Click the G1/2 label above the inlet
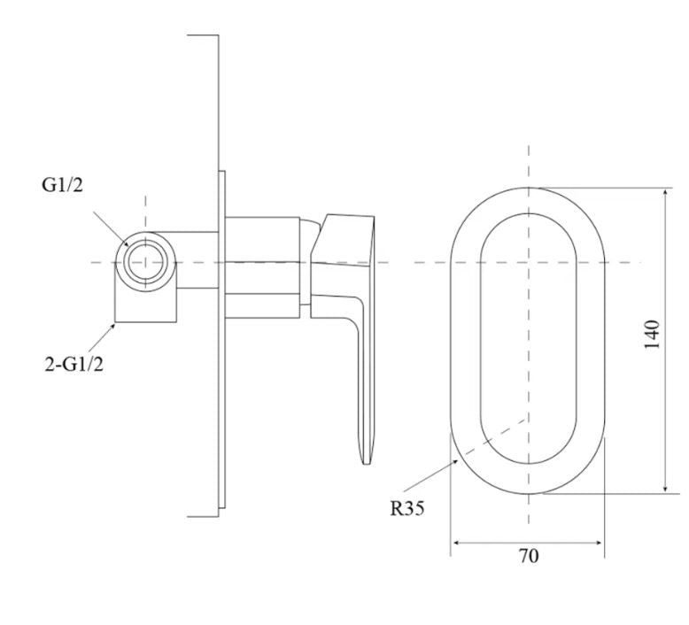tap(62, 185)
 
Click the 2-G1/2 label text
tap(74, 364)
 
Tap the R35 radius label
tap(407, 509)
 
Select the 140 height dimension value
tap(652, 335)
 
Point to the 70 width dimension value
tap(529, 556)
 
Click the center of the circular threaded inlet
tap(145, 262)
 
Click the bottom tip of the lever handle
tap(366, 463)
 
